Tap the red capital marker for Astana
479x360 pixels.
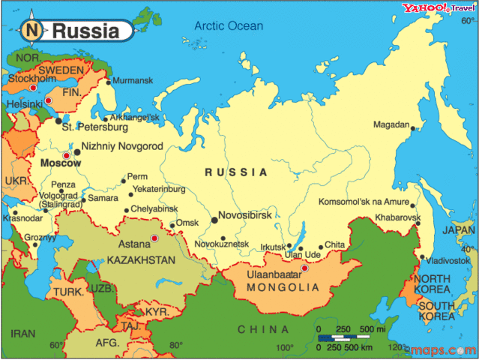point(154,238)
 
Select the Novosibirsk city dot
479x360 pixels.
point(215,220)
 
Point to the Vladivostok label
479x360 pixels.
point(448,260)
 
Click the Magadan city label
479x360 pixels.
point(392,124)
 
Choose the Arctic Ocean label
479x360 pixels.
point(229,25)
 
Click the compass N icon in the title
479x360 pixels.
point(31,31)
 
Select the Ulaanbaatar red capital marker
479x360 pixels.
point(304,268)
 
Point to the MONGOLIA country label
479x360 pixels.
point(277,286)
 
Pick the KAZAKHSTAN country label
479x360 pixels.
point(141,260)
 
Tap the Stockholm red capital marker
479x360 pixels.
point(32,88)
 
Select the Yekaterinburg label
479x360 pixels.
point(159,189)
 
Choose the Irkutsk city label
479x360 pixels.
point(273,247)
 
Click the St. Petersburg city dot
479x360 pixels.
point(58,119)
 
